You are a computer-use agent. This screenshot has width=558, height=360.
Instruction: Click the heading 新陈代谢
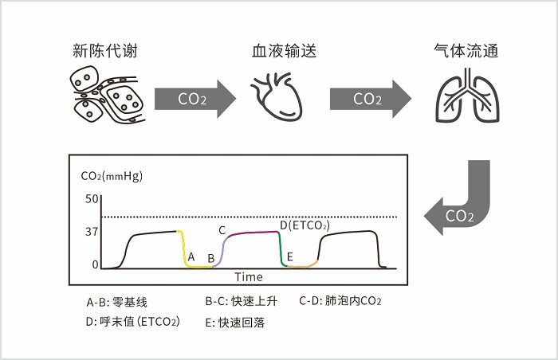coord(102,52)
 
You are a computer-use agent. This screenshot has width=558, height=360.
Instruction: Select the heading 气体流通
coord(464,52)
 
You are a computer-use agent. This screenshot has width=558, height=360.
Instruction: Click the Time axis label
coord(248,277)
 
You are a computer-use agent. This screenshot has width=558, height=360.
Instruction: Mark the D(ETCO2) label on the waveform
coord(304,225)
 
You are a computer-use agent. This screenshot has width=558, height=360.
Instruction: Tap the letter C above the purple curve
coord(222,230)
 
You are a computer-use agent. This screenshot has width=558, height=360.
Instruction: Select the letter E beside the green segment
coord(290,256)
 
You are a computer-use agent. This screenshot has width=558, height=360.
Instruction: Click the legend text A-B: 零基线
coord(116,303)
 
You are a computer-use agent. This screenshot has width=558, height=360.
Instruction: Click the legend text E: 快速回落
coord(234,323)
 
